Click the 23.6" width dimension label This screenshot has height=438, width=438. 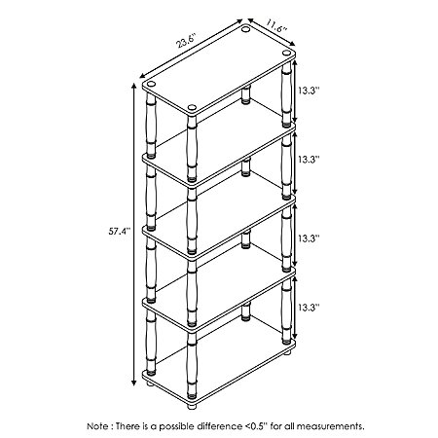pos(187,40)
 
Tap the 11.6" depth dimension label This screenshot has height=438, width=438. pos(276,25)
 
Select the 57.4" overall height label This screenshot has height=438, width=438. pos(119,232)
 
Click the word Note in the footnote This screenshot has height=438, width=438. pos(96,426)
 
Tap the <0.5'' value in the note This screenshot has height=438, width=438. pos(255,426)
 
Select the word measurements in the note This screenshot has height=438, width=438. pos(330,426)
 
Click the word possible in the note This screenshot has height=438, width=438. pos(176,426)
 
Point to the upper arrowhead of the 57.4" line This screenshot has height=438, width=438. pos(133,86)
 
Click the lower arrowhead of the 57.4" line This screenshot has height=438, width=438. pos(133,383)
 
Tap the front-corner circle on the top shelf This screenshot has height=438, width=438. pos(192,107)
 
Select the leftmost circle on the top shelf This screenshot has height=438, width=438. pos(151,85)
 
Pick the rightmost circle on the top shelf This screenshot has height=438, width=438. pos(286,53)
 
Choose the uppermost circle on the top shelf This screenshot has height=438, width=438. pos(245,29)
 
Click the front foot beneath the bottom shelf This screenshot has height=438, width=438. pos(192,406)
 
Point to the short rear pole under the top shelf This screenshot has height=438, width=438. pos(246,94)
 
